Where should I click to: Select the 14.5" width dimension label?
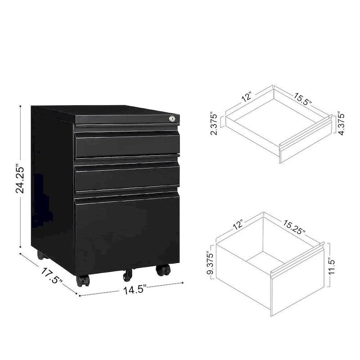point(133,289)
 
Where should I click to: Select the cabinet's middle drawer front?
point(127,177)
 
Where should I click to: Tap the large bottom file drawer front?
point(127,232)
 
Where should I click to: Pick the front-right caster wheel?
point(163,270)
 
